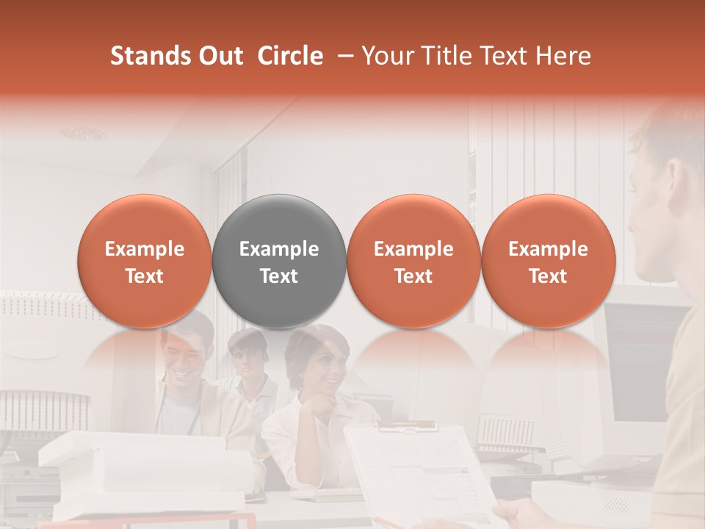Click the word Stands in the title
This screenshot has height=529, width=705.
(148, 56)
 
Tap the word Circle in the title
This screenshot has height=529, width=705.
(290, 56)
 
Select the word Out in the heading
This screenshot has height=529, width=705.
(218, 56)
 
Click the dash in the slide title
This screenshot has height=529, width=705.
(342, 56)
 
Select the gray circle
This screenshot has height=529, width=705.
(279, 261)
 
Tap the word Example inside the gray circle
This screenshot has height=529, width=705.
(279, 249)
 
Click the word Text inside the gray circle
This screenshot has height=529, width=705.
(279, 276)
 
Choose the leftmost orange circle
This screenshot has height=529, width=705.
(144, 261)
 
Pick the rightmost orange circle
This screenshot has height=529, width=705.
(548, 261)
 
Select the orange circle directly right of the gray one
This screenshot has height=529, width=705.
(413, 261)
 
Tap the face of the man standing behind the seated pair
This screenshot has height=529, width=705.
(248, 356)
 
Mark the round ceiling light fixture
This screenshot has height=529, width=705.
(82, 134)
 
